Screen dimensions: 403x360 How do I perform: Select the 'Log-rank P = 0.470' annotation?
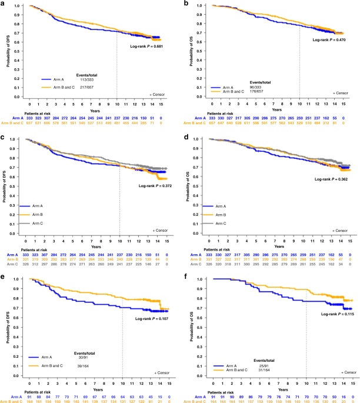[x=329, y=39]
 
